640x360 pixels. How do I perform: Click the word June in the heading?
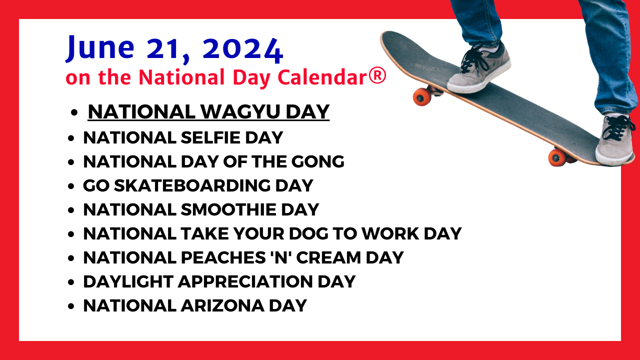point(99,48)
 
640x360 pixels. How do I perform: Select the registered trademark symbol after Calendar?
point(377,76)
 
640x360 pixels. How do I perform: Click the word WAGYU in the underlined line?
point(240,111)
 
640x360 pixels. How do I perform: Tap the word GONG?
point(317,161)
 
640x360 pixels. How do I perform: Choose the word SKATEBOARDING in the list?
point(192,185)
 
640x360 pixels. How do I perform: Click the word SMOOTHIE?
point(228,209)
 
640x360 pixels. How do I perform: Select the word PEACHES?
point(223,257)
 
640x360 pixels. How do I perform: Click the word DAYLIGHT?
point(128,281)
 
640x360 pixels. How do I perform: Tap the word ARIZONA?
point(222,305)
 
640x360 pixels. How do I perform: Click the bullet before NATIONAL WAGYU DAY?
point(74,112)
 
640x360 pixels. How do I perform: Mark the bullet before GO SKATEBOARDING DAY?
point(71,186)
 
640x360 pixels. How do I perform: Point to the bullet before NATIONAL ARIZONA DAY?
point(71,306)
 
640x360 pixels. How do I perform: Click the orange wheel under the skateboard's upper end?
point(422,97)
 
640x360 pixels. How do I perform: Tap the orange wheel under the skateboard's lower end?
point(557,157)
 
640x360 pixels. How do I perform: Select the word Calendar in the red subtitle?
point(323,77)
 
